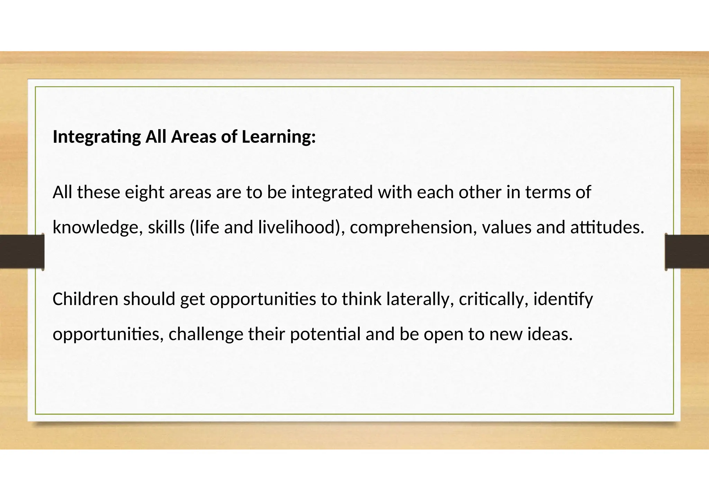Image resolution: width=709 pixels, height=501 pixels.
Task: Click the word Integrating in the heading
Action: point(97,137)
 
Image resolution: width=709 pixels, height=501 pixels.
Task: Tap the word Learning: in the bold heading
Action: point(279,137)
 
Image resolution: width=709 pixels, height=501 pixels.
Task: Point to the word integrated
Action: point(332,192)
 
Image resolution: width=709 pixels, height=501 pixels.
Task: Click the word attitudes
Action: point(607,228)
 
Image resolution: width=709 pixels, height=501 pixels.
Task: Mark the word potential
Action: point(325,334)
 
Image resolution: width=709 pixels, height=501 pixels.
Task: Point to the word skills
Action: point(166,228)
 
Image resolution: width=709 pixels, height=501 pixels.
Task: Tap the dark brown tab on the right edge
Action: point(687,251)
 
